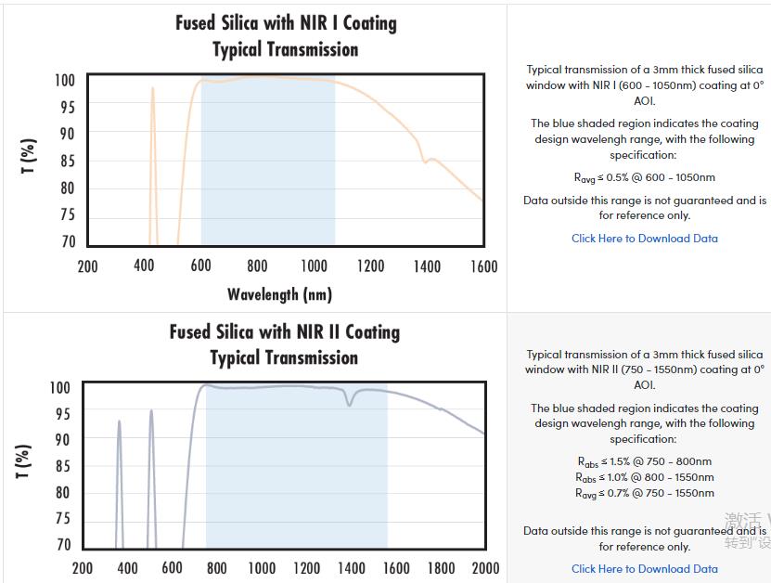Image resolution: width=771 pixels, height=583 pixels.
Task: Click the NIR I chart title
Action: pyautogui.click(x=286, y=35)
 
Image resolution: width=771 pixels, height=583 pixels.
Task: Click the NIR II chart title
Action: pyautogui.click(x=284, y=344)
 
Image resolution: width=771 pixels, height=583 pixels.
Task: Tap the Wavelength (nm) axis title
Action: pyautogui.click(x=279, y=294)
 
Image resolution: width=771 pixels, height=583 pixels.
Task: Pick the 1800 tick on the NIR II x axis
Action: pyautogui.click(x=441, y=568)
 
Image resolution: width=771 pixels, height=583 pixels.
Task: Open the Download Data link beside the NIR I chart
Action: pyautogui.click(x=644, y=239)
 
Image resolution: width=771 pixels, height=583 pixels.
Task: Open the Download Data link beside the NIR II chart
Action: pyautogui.click(x=644, y=569)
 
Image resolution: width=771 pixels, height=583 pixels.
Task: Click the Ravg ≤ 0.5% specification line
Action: pyautogui.click(x=644, y=177)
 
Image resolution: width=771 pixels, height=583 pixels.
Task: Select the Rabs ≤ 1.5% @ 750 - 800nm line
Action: pyautogui.click(x=644, y=461)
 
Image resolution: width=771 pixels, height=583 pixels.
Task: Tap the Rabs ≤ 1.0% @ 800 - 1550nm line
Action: pyautogui.click(x=644, y=477)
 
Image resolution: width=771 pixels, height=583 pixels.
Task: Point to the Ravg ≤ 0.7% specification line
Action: pyautogui.click(x=644, y=493)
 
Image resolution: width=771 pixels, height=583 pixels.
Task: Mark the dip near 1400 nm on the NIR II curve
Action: pyautogui.click(x=350, y=402)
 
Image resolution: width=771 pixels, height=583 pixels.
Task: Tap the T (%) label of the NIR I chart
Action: pyautogui.click(x=29, y=156)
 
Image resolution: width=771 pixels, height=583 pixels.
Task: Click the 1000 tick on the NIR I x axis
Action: pyautogui.click(x=314, y=266)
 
